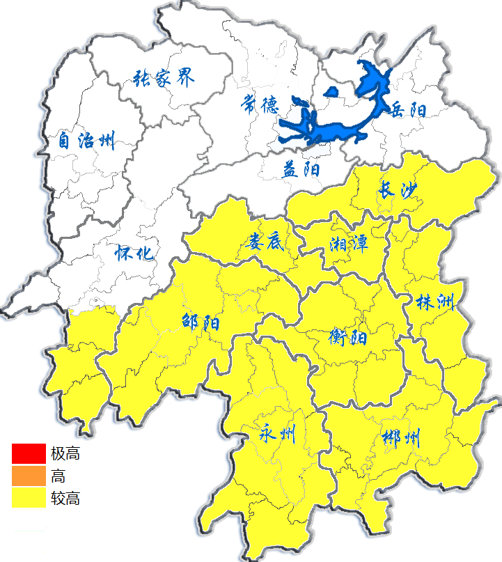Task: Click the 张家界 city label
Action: (x=164, y=78)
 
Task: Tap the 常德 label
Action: (x=260, y=104)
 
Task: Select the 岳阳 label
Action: (x=408, y=109)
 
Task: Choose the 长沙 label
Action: (x=400, y=189)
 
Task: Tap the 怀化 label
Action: (x=135, y=253)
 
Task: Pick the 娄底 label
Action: (x=264, y=242)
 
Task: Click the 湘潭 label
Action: (x=348, y=244)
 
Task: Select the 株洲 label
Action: (x=434, y=302)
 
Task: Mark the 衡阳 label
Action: (x=347, y=338)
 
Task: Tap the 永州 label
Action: (x=276, y=435)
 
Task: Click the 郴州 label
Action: (x=402, y=439)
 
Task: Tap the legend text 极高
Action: (x=65, y=454)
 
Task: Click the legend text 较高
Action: (x=65, y=499)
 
